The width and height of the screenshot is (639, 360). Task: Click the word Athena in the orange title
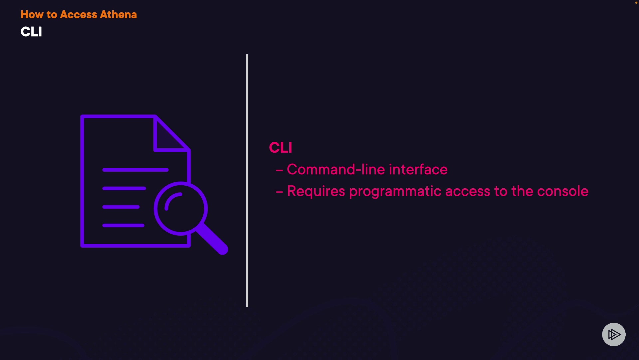(x=118, y=15)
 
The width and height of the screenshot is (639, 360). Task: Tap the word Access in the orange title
(x=79, y=15)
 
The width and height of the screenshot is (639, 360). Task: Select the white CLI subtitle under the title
(x=31, y=32)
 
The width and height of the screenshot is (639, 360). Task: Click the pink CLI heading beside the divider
(x=281, y=148)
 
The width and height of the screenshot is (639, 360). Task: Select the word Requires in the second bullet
(x=316, y=191)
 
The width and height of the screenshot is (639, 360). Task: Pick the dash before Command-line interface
(x=280, y=170)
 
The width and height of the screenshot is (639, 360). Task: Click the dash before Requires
(x=280, y=192)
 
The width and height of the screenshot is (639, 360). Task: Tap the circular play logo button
(x=614, y=334)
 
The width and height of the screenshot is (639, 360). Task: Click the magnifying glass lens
(x=181, y=209)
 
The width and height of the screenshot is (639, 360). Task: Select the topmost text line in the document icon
(x=135, y=170)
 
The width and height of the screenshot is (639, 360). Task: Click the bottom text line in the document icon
(x=123, y=226)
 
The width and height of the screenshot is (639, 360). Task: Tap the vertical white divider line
(x=247, y=180)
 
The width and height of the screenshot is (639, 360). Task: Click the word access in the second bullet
(x=468, y=191)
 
